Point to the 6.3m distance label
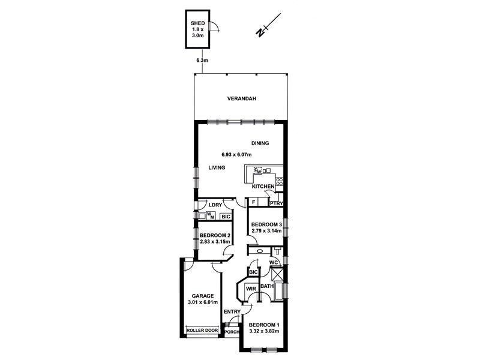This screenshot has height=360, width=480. pos(202,61)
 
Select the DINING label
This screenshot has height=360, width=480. pos(260,143)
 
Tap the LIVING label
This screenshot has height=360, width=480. pos(217,168)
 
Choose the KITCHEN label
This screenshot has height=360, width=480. pos(263,187)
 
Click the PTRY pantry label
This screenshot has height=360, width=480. pos(276,203)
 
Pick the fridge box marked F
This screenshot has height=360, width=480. pos(254,203)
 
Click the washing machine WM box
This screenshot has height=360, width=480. pos(211,215)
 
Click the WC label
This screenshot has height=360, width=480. pos(273,262)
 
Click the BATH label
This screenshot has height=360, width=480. pos(267,286)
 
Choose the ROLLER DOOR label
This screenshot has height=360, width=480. pos(202,330)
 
